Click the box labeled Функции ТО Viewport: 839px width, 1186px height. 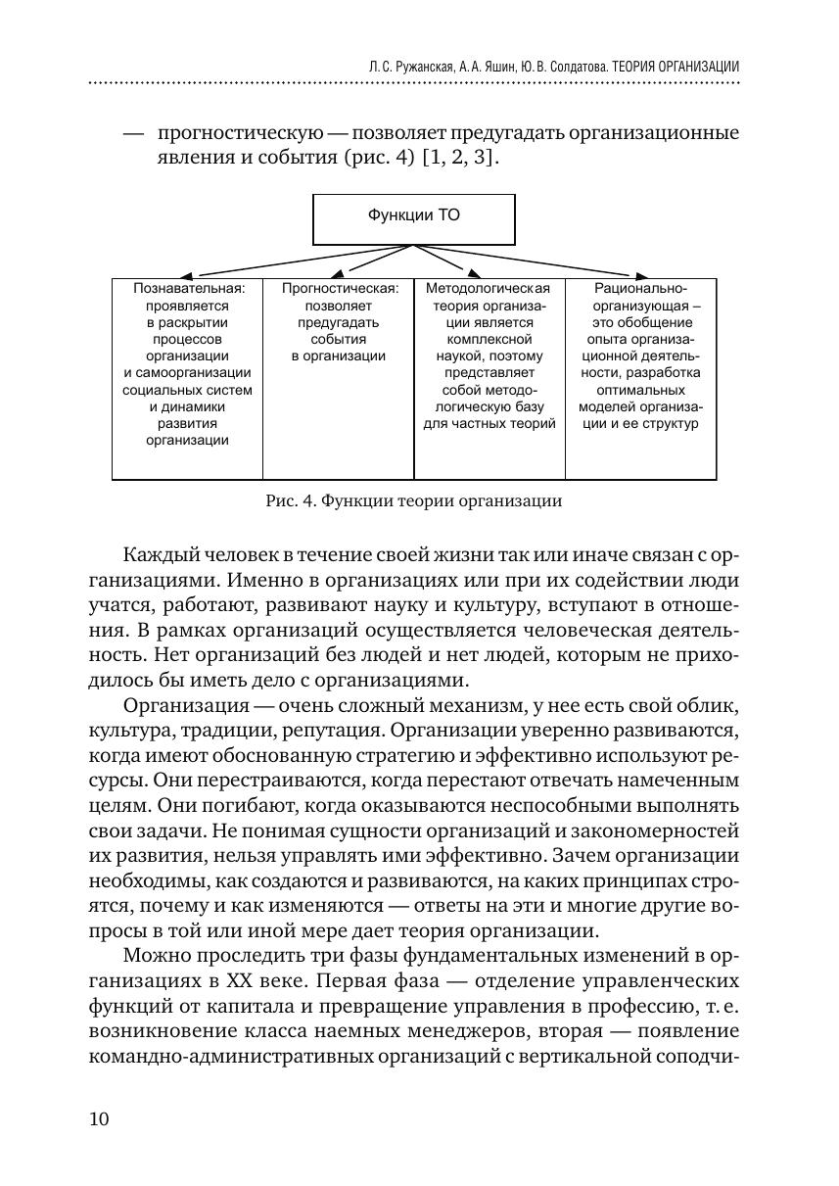coord(413,218)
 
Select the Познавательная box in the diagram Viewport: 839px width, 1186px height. coord(187,378)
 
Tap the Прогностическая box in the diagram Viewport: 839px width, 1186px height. coord(339,378)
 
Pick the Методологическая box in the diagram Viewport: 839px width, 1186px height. coord(489,378)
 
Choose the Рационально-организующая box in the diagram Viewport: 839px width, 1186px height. coord(640,378)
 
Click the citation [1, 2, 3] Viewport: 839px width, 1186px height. coord(459,157)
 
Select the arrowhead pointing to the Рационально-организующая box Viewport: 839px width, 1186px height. coord(641,275)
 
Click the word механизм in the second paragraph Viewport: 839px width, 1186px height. coord(393,707)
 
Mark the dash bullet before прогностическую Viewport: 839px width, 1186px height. coord(134,132)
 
